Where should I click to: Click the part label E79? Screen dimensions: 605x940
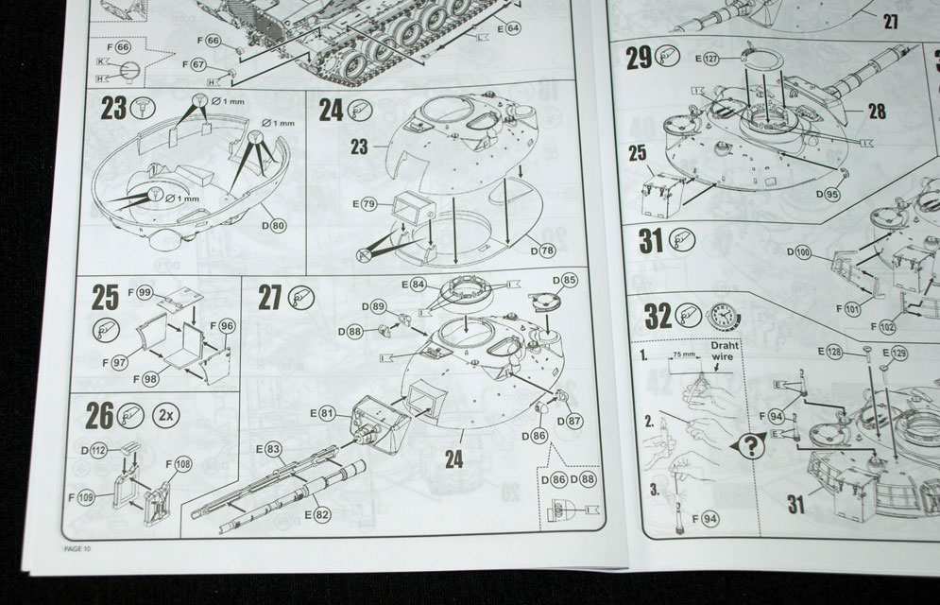(x=364, y=203)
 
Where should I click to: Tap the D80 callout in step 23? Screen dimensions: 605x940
(x=274, y=226)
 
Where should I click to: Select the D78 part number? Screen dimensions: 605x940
(x=541, y=250)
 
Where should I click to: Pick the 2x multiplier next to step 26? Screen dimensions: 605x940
(x=166, y=415)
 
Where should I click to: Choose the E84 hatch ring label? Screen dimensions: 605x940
(x=415, y=284)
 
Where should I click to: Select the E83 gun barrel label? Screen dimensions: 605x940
(x=268, y=448)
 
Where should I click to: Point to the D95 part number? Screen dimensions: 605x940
(x=827, y=195)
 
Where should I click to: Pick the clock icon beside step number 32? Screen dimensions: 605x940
(x=723, y=314)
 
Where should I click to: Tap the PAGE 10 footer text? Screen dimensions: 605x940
(x=76, y=547)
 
